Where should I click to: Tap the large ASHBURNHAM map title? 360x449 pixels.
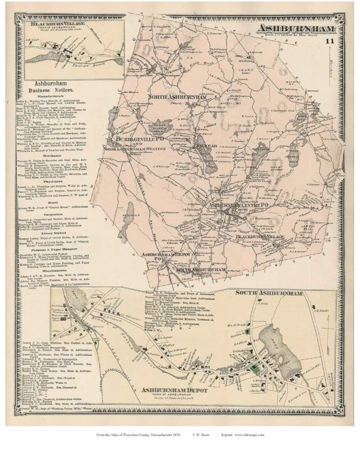295,29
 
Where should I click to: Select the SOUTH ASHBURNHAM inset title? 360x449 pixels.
269,293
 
